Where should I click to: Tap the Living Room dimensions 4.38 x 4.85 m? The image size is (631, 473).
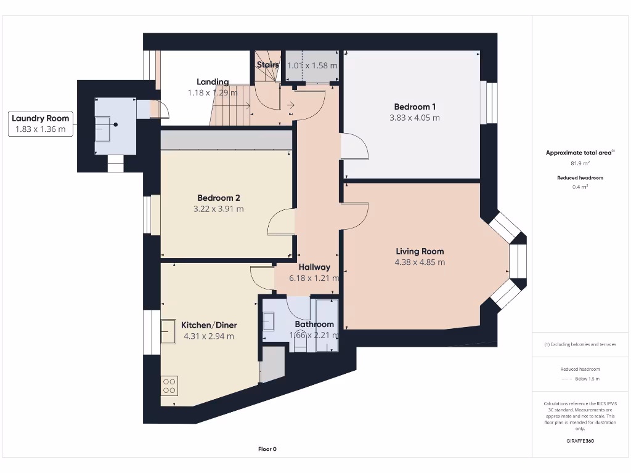point(419,262)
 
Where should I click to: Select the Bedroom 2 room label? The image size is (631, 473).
point(218,198)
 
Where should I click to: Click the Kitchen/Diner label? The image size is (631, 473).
point(208,325)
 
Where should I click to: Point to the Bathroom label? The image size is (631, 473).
point(314,324)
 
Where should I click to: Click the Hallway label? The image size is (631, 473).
point(314,267)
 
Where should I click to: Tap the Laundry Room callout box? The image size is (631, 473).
point(41,123)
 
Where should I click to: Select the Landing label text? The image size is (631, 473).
point(213,82)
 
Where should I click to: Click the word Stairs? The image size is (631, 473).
point(267,65)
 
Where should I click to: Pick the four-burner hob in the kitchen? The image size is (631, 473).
point(169,386)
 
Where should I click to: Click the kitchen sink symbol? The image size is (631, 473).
point(168,332)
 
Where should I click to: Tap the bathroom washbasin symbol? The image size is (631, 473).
point(269,321)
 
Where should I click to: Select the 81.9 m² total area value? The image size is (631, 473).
point(580,163)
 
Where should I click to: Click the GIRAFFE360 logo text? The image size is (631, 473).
point(580,441)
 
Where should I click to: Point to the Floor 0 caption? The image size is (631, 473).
point(267,449)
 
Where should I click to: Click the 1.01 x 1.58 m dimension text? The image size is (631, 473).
point(312,65)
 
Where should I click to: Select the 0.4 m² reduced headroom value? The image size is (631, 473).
point(580,187)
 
